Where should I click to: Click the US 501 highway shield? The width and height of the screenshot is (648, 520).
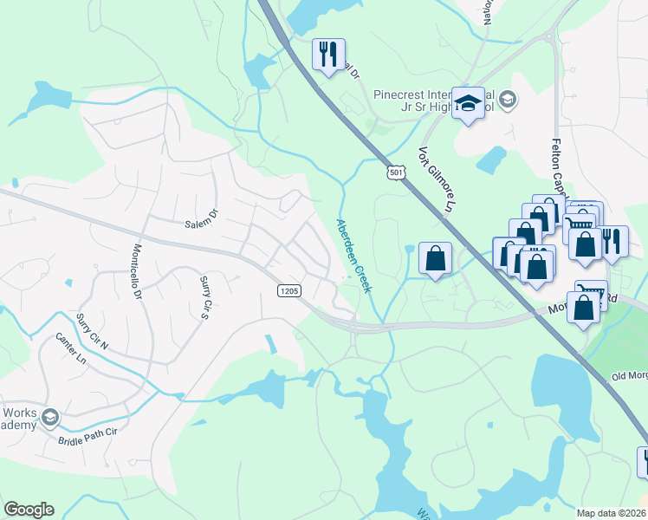click(x=396, y=172)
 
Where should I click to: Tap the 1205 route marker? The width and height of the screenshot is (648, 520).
click(x=289, y=291)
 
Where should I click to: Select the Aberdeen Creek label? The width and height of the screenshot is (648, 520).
click(x=353, y=256)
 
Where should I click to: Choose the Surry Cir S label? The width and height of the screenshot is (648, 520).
click(x=205, y=297)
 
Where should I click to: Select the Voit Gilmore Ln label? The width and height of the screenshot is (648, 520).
click(x=436, y=179)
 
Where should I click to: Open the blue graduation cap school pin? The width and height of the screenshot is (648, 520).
click(x=469, y=104)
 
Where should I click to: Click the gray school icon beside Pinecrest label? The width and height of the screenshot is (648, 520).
click(x=508, y=100)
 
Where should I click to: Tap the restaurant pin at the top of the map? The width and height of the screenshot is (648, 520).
click(x=328, y=55)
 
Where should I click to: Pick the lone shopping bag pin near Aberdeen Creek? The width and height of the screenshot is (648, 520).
click(x=435, y=258)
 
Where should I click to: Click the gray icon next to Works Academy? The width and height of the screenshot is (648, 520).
click(x=50, y=418)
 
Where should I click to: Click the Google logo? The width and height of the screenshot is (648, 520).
click(x=29, y=510)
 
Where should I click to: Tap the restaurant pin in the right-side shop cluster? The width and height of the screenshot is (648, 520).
click(x=612, y=242)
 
